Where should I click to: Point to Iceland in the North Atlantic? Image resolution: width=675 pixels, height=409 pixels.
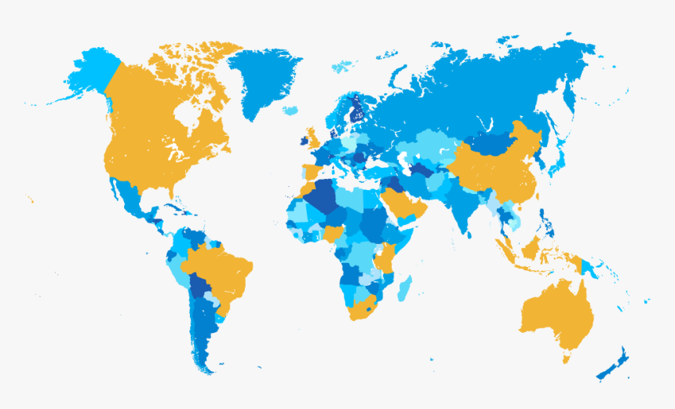[x=290, y=110]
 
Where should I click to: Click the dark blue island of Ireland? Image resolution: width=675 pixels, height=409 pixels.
[x=304, y=142]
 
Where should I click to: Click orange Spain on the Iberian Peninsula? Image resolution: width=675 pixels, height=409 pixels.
[x=311, y=171]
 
